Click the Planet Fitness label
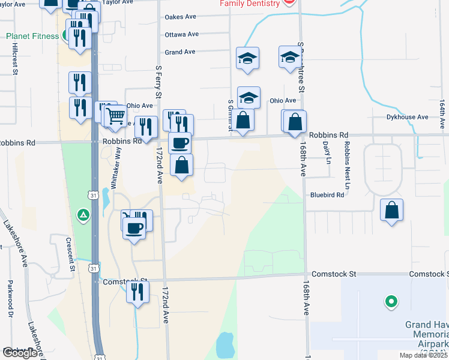coord(32,36)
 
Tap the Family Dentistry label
coord(250,4)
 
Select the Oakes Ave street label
coord(181,17)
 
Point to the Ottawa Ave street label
coord(181,34)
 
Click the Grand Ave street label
coord(180,52)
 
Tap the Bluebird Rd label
coord(327,195)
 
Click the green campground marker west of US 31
coord(83,214)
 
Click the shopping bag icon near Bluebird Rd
coord(391,210)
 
